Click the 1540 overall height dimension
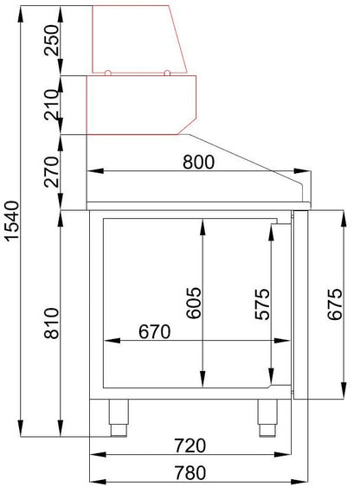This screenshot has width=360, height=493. (x=13, y=221)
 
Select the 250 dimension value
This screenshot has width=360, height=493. (x=52, y=41)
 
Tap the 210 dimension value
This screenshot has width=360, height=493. (x=52, y=105)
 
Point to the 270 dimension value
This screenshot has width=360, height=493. (x=52, y=172)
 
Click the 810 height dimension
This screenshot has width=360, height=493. (x=52, y=323)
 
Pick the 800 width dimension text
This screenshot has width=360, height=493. (x=198, y=163)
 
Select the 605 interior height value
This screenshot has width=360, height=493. (x=193, y=303)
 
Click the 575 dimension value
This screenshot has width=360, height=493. (x=262, y=304)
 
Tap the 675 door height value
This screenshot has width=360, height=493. (x=335, y=304)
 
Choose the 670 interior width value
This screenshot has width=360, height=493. (x=155, y=331)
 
